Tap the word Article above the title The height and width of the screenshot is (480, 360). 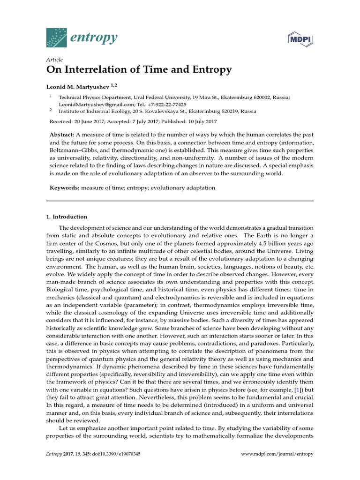click(x=55, y=60)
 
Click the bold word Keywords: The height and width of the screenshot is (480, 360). click(x=64, y=187)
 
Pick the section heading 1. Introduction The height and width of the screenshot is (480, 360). click(x=67, y=217)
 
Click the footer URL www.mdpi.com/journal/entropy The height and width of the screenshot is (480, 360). click(x=277, y=454)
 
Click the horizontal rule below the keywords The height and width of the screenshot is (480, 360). click(x=180, y=201)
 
